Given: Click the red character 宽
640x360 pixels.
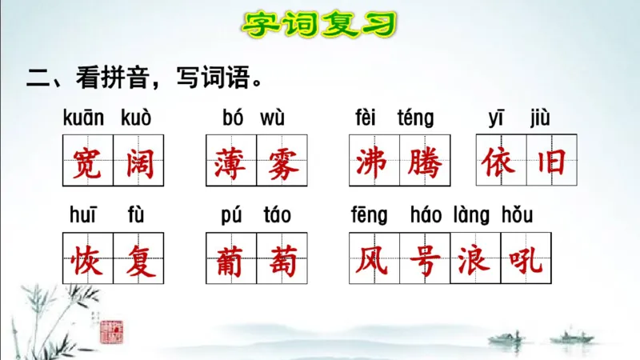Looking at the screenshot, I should click(87, 162).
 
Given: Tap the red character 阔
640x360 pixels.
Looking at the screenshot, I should click(138, 162).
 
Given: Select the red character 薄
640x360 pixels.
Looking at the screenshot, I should click(230, 162).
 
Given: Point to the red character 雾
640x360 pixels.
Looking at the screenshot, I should click(281, 162).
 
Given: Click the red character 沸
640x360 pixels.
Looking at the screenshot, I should click(374, 162).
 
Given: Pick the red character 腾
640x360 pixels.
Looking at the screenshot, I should click(424, 162).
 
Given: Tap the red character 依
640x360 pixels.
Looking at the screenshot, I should click(500, 162).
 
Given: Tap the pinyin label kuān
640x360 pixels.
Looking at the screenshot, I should click(83, 119).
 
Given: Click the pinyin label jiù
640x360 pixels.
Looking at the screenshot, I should click(539, 119).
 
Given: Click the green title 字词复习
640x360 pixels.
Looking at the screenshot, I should click(319, 24).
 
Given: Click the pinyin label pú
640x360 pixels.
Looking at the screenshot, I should click(231, 216).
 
